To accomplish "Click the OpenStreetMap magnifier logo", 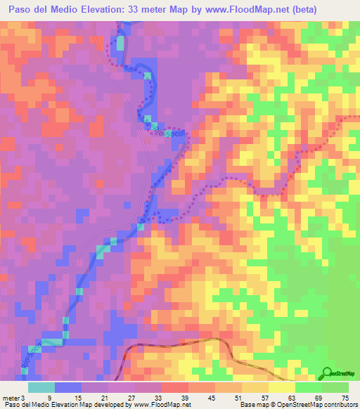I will [x=327, y=372].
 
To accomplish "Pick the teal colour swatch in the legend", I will [x=41, y=387].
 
